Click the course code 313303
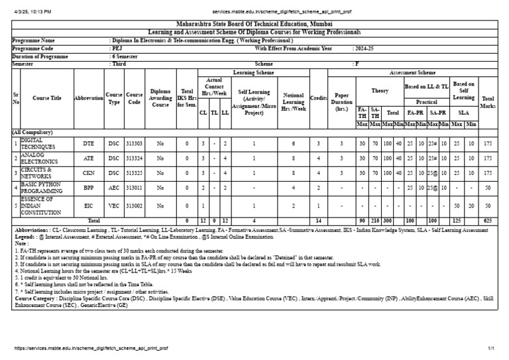(x=135, y=143)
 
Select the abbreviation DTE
(x=88, y=143)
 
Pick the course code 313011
(x=135, y=188)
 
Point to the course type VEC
(x=115, y=206)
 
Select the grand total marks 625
(x=488, y=220)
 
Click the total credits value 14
(x=318, y=220)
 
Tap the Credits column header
(x=319, y=98)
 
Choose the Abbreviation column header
(x=89, y=98)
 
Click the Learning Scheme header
(x=253, y=72)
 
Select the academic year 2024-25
(x=365, y=48)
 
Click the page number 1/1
(x=492, y=347)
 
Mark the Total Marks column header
(x=488, y=101)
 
